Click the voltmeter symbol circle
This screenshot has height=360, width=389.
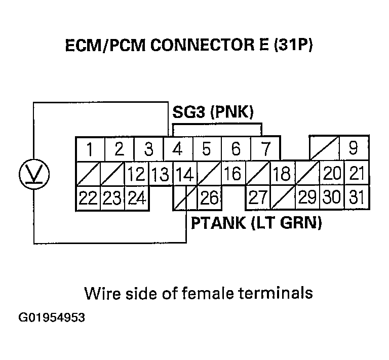(x=33, y=174)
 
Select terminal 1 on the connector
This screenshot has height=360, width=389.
(x=90, y=149)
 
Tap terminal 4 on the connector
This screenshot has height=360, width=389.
(x=177, y=149)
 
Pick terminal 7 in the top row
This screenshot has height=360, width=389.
(x=265, y=149)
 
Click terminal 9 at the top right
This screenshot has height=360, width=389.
(x=353, y=149)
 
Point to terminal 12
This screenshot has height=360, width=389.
(x=137, y=174)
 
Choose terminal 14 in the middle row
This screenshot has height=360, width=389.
(x=185, y=174)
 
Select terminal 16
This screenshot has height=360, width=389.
(x=232, y=174)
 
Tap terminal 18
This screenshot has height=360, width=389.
(x=281, y=174)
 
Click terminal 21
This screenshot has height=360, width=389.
(x=357, y=174)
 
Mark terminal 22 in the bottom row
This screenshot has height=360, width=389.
(x=88, y=197)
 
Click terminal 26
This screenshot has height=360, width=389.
(x=209, y=197)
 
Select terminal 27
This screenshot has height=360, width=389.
(x=258, y=197)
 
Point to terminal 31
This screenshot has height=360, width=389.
(x=357, y=197)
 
